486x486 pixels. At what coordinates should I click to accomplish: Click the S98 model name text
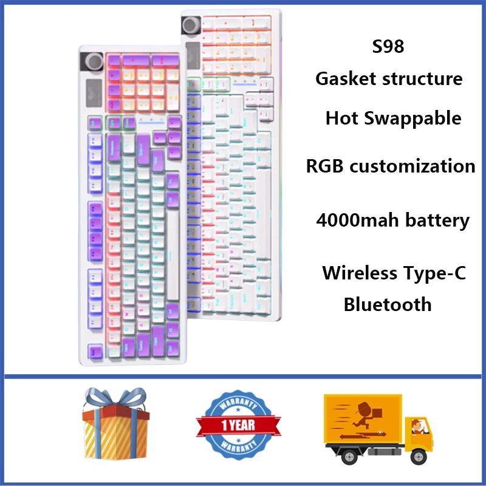(x=389, y=47)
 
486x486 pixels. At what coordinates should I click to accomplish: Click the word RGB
(x=326, y=166)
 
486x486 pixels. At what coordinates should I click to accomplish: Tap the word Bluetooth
(x=388, y=304)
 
